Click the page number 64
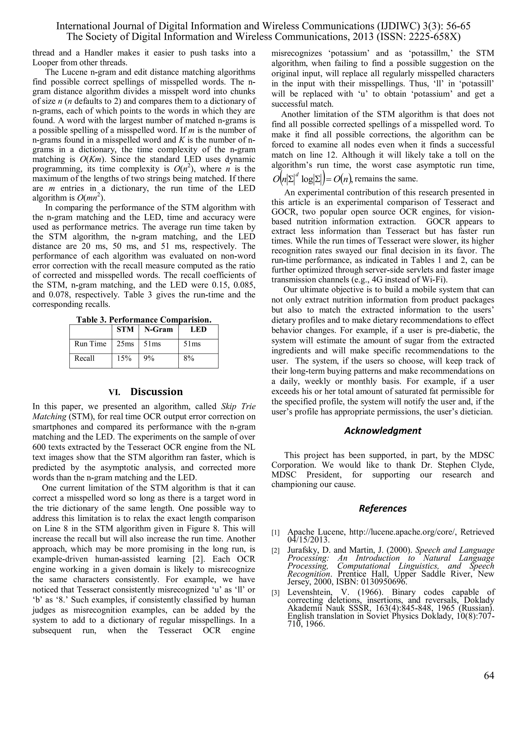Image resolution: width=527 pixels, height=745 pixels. (x=489, y=676)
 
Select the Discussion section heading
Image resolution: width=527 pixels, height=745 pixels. (x=156, y=392)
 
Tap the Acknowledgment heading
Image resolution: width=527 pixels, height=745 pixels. (x=383, y=431)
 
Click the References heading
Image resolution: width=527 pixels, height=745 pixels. (x=383, y=508)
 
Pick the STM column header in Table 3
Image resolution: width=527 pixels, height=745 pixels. (x=125, y=330)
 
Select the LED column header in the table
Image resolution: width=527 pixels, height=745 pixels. (x=198, y=330)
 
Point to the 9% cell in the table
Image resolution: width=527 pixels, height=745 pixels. (x=149, y=358)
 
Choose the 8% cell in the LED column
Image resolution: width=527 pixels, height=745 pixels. (x=189, y=358)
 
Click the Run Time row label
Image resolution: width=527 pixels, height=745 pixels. (x=90, y=344)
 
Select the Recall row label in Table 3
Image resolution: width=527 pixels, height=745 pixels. (x=84, y=358)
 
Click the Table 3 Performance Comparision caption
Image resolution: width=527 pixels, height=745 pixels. (x=144, y=320)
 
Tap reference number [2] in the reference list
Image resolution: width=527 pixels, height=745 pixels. (x=276, y=551)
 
